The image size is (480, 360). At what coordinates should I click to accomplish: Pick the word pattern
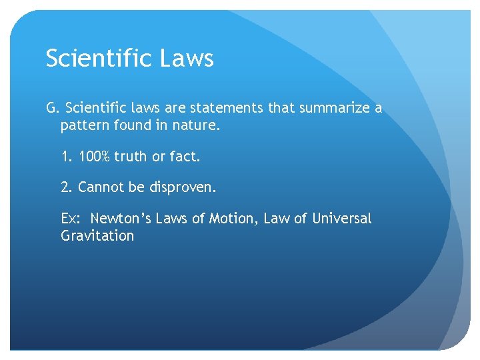coord(83,125)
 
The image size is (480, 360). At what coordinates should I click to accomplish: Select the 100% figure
coord(94,157)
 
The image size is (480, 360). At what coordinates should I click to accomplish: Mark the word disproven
coord(181,188)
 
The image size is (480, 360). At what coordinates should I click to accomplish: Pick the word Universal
coord(342,219)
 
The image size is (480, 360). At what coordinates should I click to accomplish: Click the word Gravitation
coord(97,236)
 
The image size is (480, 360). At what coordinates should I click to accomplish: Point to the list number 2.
coord(66,188)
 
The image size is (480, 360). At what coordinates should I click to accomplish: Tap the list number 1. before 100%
coord(66,157)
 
